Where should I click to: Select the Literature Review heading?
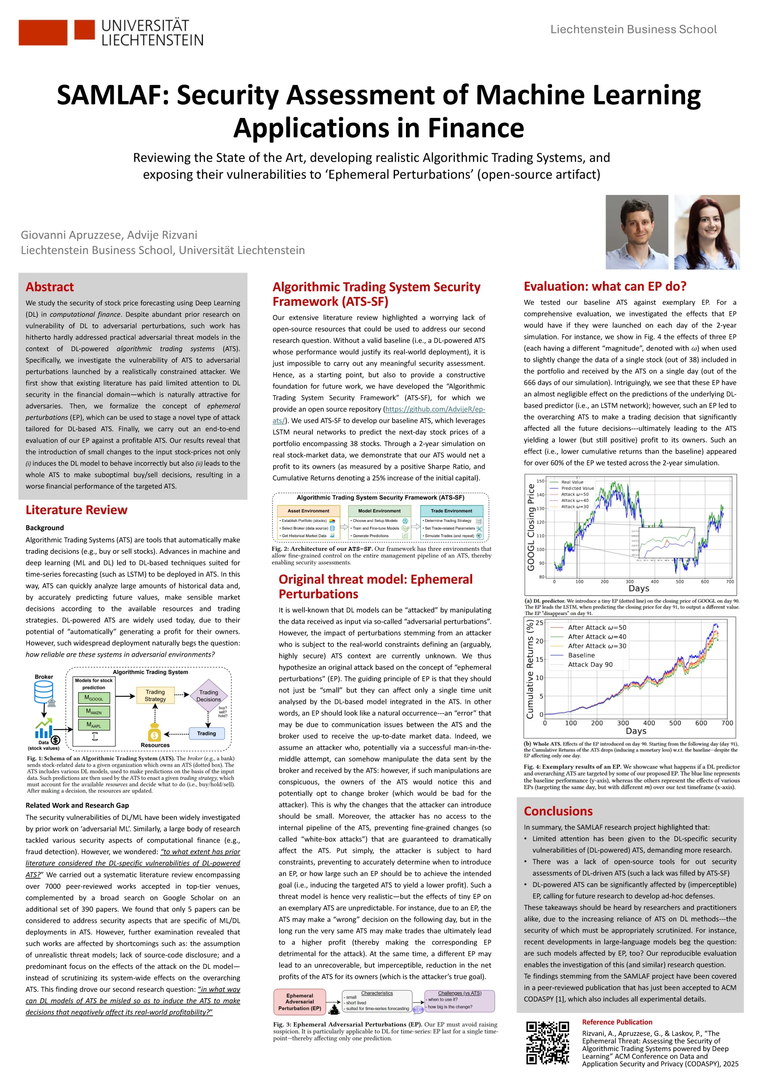(76, 510)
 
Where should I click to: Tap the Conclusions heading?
(558, 811)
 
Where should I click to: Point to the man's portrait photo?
(637, 232)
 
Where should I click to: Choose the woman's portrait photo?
(707, 232)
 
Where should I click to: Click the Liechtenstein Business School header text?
(633, 29)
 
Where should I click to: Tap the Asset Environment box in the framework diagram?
(308, 511)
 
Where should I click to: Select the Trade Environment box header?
(451, 511)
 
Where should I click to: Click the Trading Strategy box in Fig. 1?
(155, 695)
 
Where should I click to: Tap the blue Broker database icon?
(44, 692)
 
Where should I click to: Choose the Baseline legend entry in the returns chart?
(581, 655)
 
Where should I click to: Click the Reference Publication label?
(617, 1022)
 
